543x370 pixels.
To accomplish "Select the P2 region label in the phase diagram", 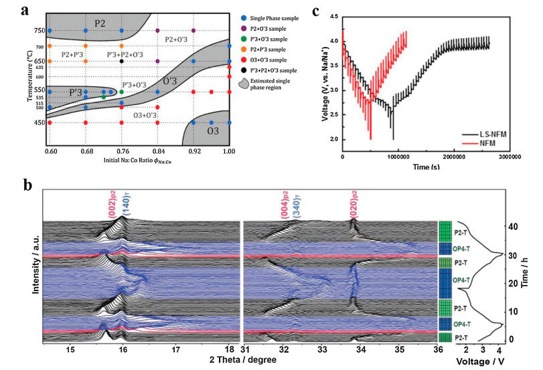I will click(x=100, y=23).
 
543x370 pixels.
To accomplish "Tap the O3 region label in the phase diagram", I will click(x=212, y=130).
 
